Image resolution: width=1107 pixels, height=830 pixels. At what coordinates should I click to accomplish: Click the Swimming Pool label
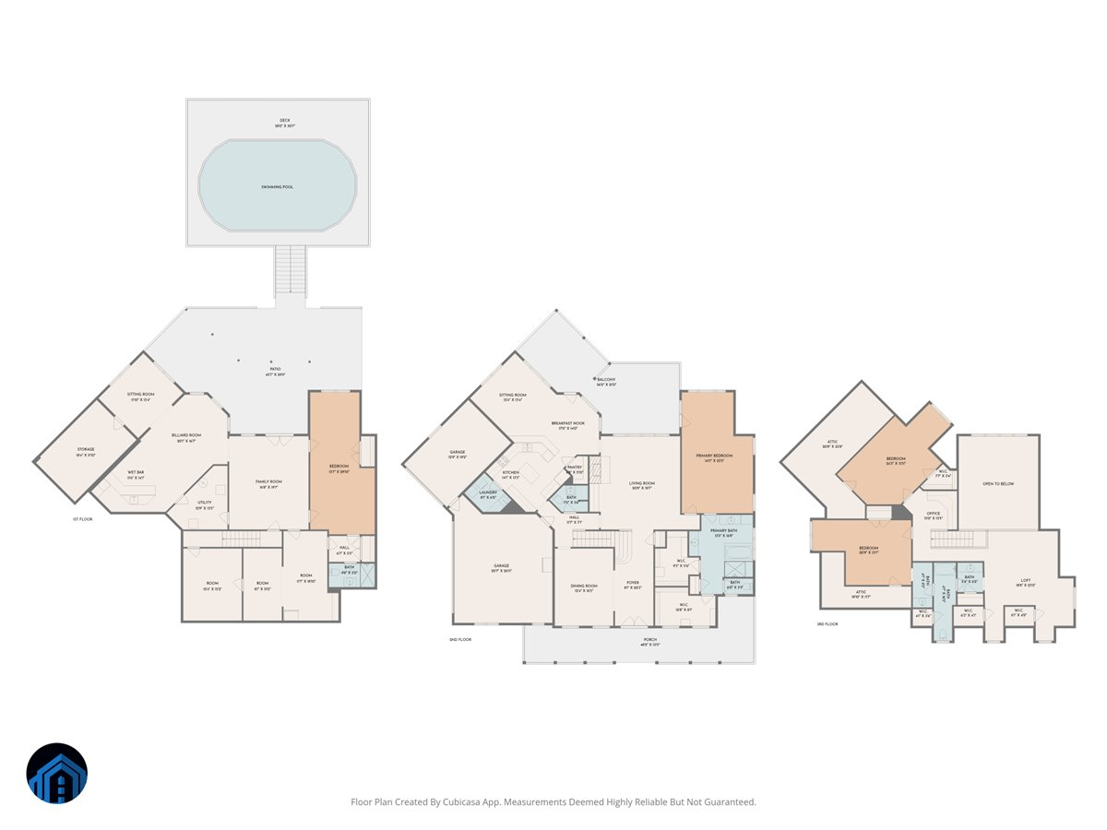277,187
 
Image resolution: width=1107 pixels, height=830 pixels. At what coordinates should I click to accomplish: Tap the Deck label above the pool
285,120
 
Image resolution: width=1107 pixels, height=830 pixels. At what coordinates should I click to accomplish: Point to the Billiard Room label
185,434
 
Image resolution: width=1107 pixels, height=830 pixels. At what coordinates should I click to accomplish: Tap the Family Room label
268,481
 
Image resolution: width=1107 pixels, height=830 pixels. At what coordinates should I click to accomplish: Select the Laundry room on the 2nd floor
487,493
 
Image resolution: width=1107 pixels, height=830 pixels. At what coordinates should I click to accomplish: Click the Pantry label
574,468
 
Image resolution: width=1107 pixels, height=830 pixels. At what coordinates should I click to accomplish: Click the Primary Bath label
724,531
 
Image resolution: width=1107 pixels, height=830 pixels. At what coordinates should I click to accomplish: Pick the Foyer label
632,583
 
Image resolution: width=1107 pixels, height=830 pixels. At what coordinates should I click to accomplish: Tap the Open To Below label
999,483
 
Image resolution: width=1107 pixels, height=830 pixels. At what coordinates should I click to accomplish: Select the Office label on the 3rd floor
934,514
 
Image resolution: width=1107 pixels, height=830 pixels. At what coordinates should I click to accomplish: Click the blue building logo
57,773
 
